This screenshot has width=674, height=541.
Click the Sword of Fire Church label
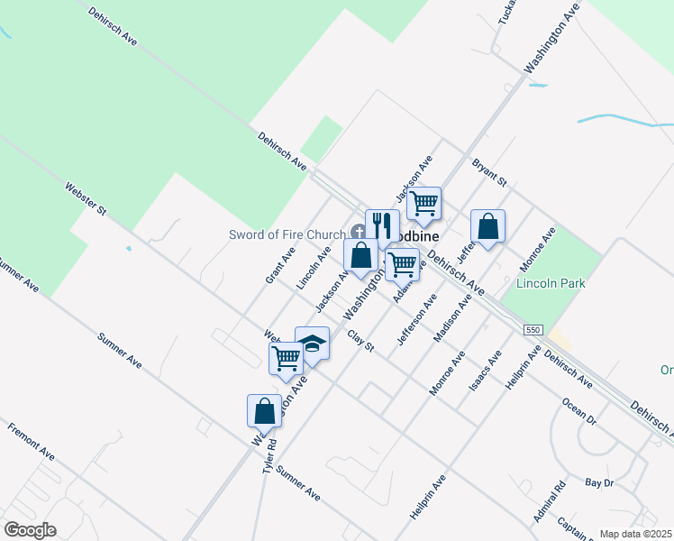[x=287, y=235]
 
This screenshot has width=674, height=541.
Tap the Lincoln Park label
[x=551, y=283]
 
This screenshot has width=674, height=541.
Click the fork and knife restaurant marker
[x=382, y=225]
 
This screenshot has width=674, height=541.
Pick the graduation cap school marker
[x=312, y=344]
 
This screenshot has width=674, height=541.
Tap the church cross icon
[x=358, y=233]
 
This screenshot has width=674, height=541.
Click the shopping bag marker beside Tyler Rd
[x=265, y=410]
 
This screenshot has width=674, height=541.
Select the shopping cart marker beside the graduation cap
[x=287, y=357]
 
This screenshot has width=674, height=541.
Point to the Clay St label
[x=360, y=341]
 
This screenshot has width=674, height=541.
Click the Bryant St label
[x=490, y=172]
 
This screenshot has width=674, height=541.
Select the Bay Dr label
[x=598, y=484]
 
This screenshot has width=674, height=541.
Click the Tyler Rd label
[x=269, y=458]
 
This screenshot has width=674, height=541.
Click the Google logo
[x=30, y=529]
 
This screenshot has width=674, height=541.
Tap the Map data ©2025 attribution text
[x=635, y=534]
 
